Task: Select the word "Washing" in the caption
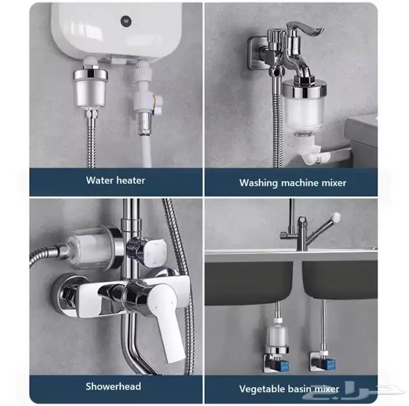(x=258, y=183)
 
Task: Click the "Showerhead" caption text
(x=113, y=386)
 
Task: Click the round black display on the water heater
(x=126, y=21)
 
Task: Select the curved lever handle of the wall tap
(x=304, y=29)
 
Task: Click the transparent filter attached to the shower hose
(x=89, y=249)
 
